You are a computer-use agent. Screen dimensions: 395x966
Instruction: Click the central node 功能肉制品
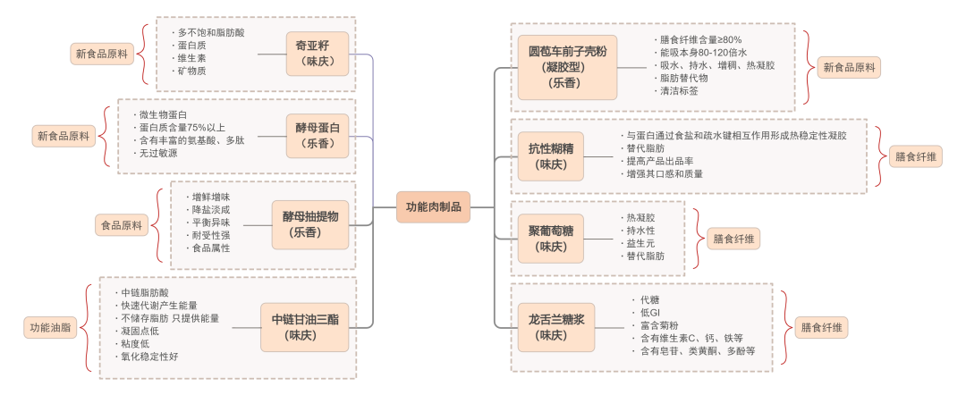point(434,206)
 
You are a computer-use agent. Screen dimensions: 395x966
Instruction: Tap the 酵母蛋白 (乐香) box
point(318,136)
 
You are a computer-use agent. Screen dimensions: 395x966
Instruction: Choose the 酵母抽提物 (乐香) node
point(310,224)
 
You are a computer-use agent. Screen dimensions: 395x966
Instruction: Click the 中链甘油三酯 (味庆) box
point(307,327)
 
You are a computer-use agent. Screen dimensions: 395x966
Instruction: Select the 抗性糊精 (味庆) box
point(550,155)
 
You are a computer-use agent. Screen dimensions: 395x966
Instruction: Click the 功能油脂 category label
point(49,328)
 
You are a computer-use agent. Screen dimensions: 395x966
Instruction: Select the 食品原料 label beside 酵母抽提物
point(121,226)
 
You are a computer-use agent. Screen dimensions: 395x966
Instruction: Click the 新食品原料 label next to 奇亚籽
point(99,55)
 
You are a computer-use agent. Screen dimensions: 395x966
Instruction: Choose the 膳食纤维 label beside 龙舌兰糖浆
point(819,328)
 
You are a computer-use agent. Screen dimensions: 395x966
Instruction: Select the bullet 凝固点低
point(140,331)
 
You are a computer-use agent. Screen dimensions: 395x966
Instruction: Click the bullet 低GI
point(649,313)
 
